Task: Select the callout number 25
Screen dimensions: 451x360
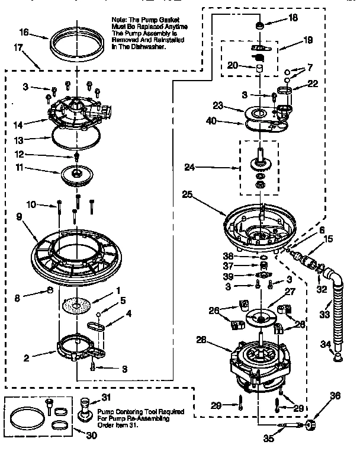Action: click(x=188, y=194)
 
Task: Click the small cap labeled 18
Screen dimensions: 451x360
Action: click(x=259, y=25)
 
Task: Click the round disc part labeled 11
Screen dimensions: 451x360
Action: click(x=78, y=175)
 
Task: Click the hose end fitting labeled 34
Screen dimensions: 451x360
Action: click(x=337, y=356)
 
